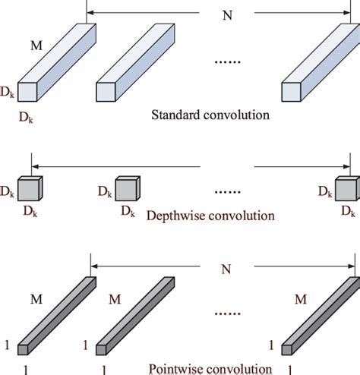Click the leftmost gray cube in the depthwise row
pyautogui.click(x=30, y=187)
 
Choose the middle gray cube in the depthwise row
pyautogui.click(x=127, y=188)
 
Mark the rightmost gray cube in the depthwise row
pyautogui.click(x=346, y=187)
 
